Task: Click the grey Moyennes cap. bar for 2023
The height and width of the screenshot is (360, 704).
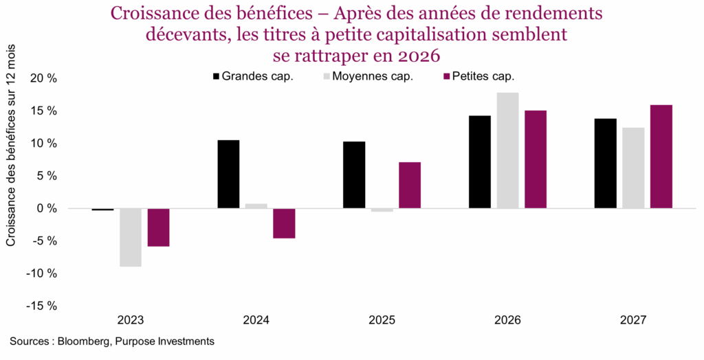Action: click(x=130, y=237)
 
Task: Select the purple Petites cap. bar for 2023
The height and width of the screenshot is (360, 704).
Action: click(x=158, y=227)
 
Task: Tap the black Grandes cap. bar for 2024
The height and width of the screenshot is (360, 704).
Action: click(x=228, y=174)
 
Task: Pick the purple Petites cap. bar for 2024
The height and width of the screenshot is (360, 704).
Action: click(x=284, y=223)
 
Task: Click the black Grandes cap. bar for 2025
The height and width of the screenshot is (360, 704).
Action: click(x=354, y=175)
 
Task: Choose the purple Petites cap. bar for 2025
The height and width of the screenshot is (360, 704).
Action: click(x=410, y=185)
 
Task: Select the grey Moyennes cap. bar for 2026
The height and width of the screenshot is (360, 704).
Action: click(x=507, y=150)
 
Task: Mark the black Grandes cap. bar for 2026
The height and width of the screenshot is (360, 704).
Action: click(x=480, y=161)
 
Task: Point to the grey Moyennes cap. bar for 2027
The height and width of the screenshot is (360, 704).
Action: click(x=633, y=168)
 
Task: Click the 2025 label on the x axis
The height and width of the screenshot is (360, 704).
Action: click(x=382, y=320)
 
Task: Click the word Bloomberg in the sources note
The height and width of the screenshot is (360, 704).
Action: click(x=86, y=341)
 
